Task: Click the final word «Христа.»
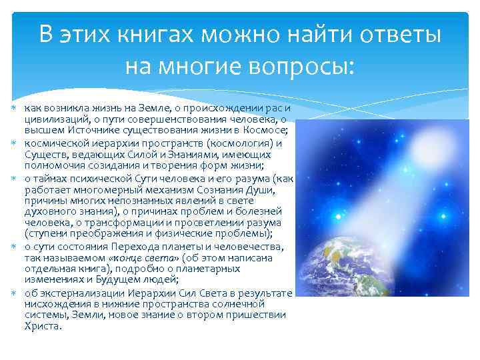43,326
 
